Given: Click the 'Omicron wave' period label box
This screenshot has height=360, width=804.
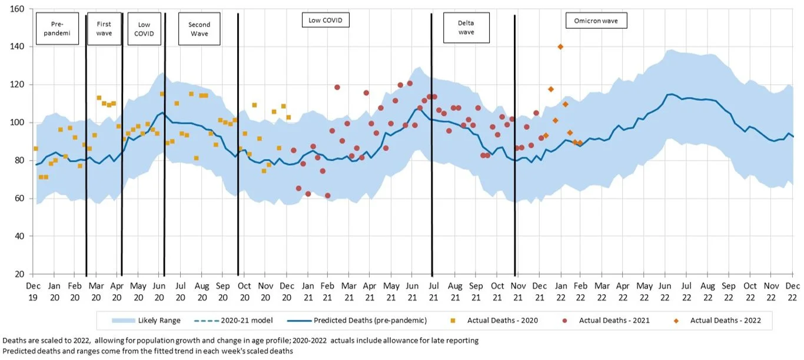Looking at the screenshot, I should coord(596,21).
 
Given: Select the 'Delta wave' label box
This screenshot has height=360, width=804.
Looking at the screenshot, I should coord(466,28).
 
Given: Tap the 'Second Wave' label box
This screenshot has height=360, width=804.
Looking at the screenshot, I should coord(199,29).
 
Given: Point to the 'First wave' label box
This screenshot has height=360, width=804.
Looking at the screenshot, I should coord(104,28).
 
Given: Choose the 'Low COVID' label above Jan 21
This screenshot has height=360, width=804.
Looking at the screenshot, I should coord(325,21).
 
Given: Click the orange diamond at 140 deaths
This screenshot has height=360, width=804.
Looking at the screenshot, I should coord(560,47).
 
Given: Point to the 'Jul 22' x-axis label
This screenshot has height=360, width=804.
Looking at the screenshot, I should coord(686,290).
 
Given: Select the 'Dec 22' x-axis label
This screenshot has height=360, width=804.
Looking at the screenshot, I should coord(792,290).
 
